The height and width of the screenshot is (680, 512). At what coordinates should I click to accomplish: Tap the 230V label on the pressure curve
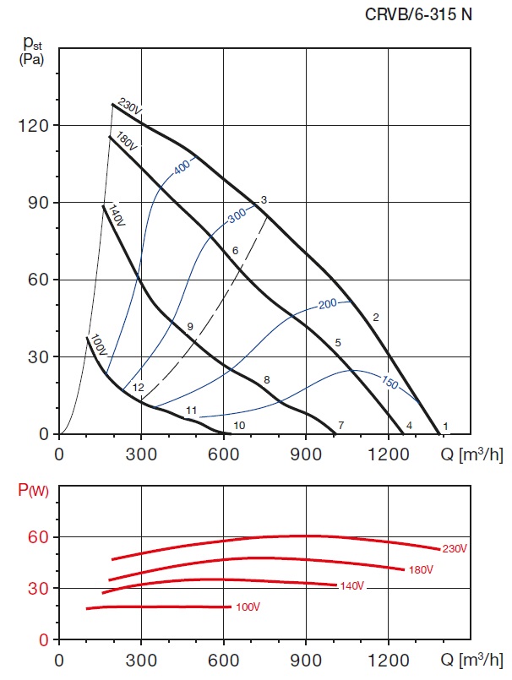(129, 107)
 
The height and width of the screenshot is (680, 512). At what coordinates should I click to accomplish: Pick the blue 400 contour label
(182, 167)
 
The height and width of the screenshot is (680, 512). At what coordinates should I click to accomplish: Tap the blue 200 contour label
(327, 303)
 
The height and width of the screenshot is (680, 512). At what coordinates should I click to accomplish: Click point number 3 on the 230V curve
(264, 200)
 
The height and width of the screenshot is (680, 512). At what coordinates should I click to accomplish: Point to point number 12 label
(138, 388)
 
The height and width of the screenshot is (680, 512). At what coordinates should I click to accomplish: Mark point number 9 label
(190, 326)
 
